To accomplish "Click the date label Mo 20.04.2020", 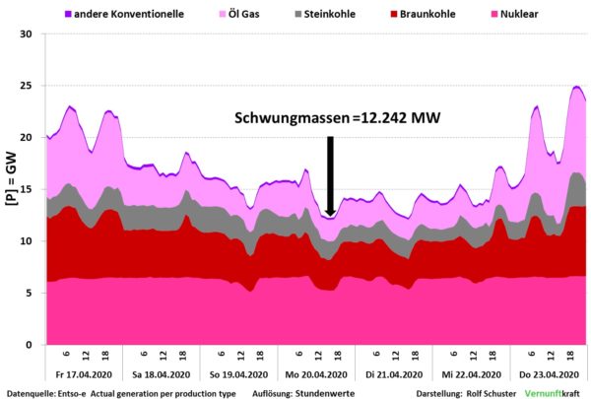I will click(315, 373).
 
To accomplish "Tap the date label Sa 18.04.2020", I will click(159, 373).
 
